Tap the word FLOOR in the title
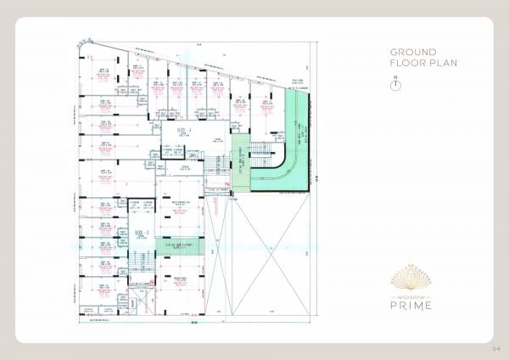pos(404,63)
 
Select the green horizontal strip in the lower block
pos(179,248)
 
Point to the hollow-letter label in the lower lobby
pos(141,233)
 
